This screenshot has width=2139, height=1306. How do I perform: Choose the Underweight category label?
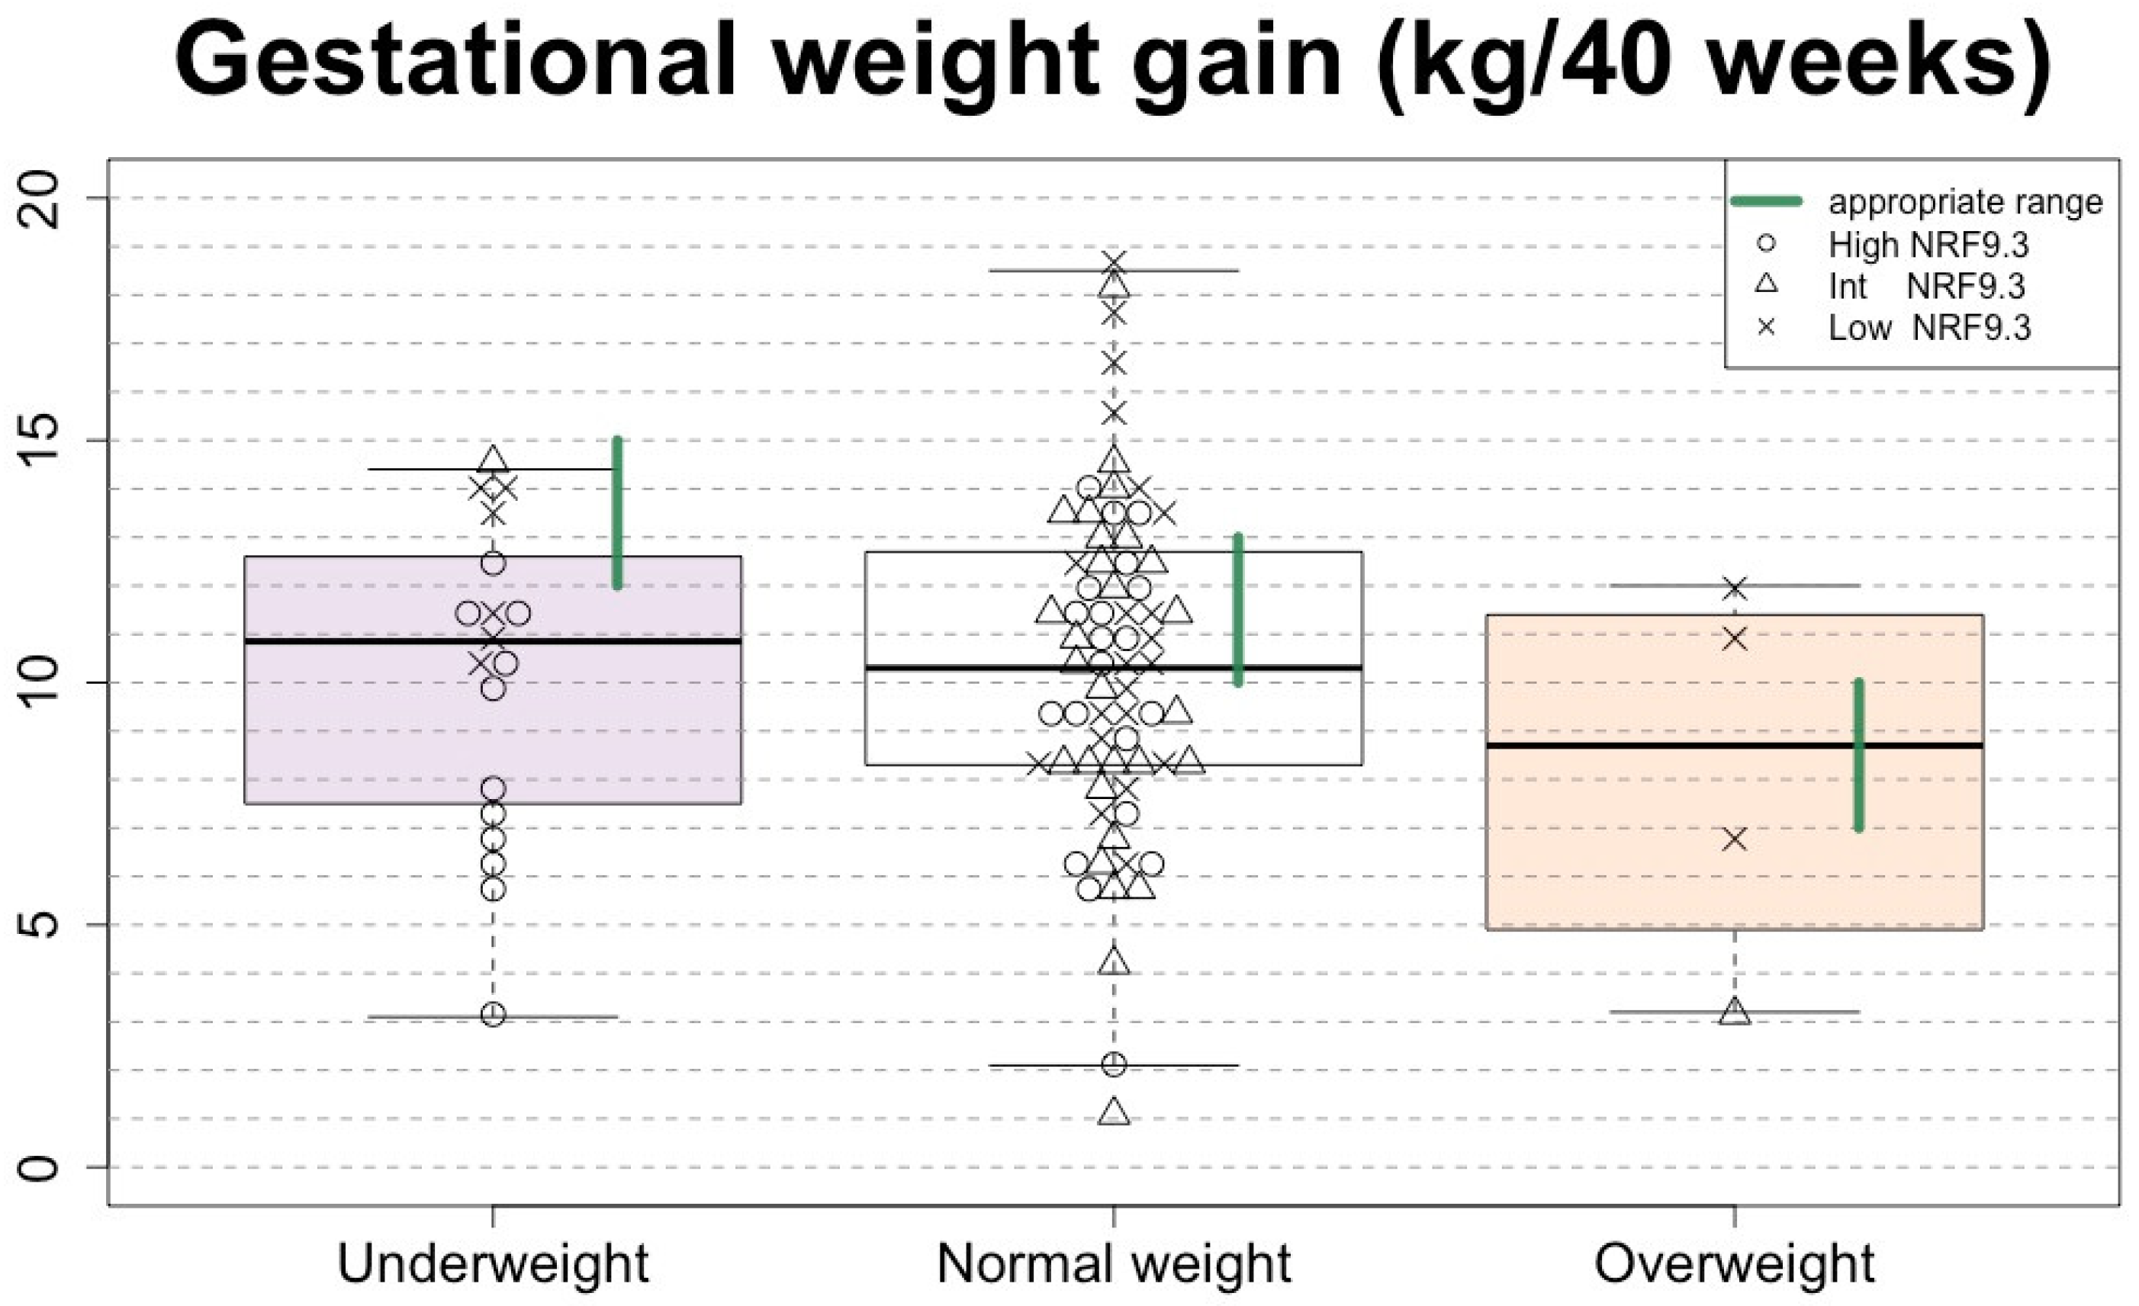(492, 1263)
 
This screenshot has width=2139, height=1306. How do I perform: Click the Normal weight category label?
(1114, 1263)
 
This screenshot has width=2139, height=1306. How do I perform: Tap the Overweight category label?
(1735, 1263)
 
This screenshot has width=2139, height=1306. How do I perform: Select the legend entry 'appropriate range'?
(1965, 202)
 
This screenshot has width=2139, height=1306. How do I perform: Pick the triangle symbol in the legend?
(1766, 284)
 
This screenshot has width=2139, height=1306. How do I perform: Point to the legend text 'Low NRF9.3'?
(1929, 328)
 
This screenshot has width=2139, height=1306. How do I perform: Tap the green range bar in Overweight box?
(1858, 755)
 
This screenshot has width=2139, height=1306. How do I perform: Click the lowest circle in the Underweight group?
(493, 1015)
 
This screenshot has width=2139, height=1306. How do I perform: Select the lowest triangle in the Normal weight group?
(1114, 1113)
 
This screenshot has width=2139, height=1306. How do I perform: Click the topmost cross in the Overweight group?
(1735, 589)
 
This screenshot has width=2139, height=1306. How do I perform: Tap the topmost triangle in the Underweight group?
(494, 459)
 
